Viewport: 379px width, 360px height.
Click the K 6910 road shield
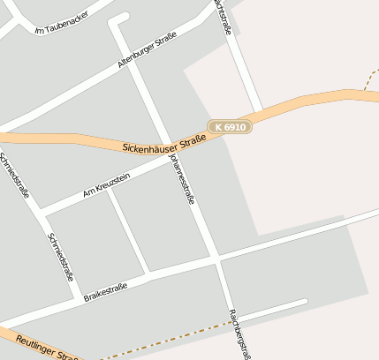pos(230,127)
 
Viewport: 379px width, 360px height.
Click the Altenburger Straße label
pos(147,51)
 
